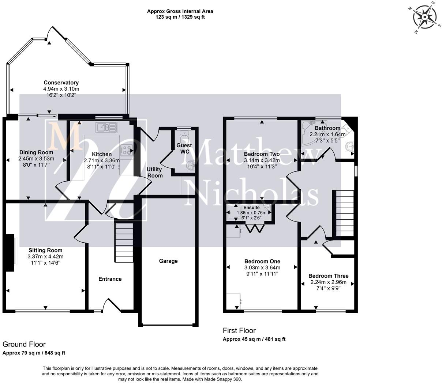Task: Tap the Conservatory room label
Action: pyautogui.click(x=61, y=83)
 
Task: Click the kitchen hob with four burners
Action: pyautogui.click(x=127, y=149)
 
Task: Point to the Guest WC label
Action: pyautogui.click(x=184, y=148)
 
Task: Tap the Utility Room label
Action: pyautogui.click(x=155, y=172)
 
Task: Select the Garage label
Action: pyautogui.click(x=168, y=261)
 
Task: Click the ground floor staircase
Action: pyautogui.click(x=124, y=241)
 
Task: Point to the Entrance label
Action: pyautogui.click(x=110, y=279)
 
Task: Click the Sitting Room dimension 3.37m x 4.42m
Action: pyautogui.click(x=45, y=257)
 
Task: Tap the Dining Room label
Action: pyautogui.click(x=36, y=152)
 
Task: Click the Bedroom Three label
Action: pyautogui.click(x=328, y=276)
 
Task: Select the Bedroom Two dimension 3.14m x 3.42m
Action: pyautogui.click(x=262, y=160)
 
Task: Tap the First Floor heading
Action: pyautogui.click(x=239, y=331)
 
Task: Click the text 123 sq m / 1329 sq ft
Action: pyautogui.click(x=180, y=17)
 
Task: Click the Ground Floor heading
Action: pyautogui.click(x=24, y=344)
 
